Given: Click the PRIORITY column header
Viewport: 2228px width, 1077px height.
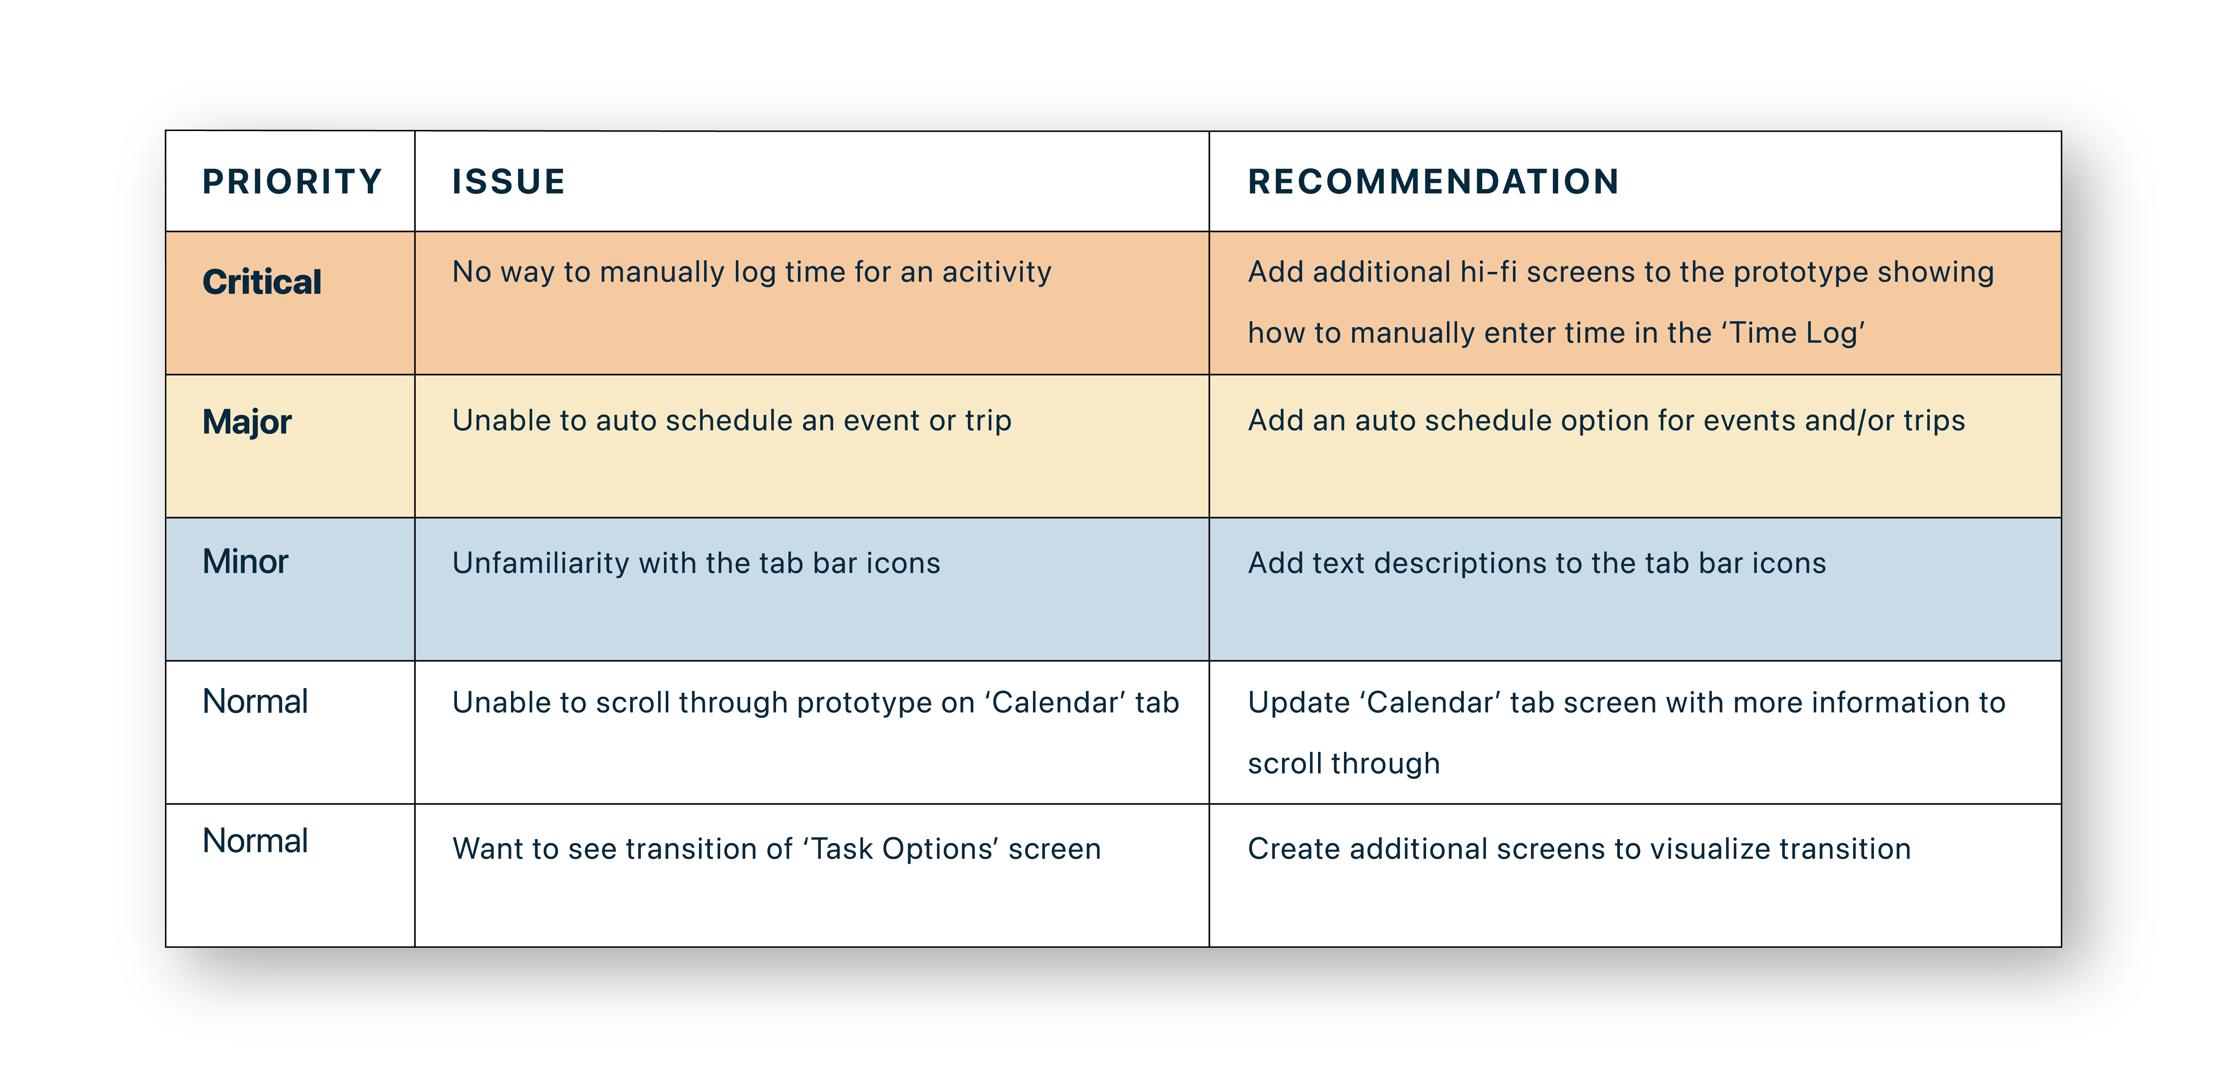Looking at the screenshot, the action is (292, 182).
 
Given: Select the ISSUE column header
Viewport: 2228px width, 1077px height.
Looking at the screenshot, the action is (508, 182).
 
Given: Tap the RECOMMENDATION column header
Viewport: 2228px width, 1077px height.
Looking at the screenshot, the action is (1433, 182).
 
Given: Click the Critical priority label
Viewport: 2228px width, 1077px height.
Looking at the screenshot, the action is (262, 282).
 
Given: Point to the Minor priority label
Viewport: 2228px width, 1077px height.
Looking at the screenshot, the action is (246, 561).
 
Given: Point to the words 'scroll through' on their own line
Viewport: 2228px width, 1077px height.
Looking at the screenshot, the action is (1344, 764).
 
